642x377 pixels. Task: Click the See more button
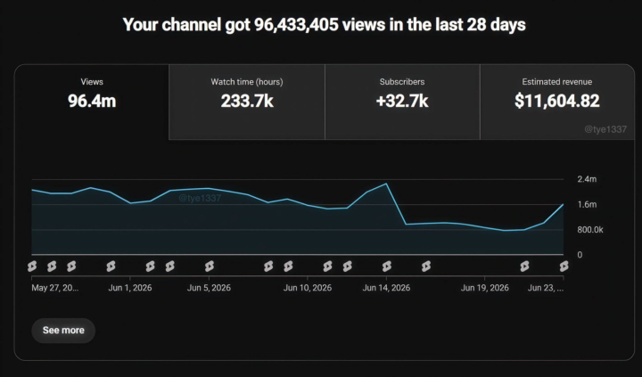pos(63,331)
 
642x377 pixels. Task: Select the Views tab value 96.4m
pos(92,101)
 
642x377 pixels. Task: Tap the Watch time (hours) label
pos(247,82)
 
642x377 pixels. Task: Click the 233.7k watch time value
pos(247,101)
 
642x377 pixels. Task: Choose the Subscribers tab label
pos(402,82)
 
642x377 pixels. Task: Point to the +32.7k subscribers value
pos(402,101)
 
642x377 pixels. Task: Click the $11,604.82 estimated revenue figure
pos(556,101)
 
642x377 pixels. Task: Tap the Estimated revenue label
pos(556,82)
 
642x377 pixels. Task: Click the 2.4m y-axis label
pos(587,179)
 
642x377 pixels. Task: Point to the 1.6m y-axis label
pos(587,204)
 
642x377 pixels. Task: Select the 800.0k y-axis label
pos(590,230)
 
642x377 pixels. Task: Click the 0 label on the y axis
pos(580,255)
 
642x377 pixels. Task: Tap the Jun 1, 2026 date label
pos(130,288)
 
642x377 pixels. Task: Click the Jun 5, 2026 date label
pos(209,288)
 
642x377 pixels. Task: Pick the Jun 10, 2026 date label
pos(308,288)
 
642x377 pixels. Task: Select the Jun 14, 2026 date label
pos(386,288)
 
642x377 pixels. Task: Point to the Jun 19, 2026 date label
pos(485,288)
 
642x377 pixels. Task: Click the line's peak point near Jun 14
pos(386,184)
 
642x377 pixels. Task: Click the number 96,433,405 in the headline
pos(296,25)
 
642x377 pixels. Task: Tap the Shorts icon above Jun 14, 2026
pos(386,266)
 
